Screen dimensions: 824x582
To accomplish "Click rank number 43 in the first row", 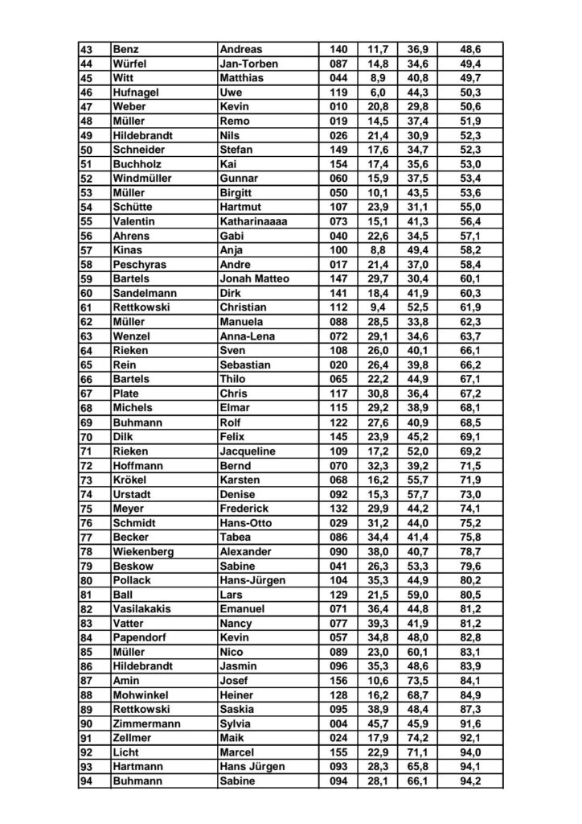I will (87, 50).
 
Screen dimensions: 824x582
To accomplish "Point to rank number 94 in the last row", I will (87, 781).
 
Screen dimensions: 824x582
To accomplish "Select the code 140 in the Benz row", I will (338, 50).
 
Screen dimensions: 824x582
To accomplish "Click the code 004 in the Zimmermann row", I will (338, 723).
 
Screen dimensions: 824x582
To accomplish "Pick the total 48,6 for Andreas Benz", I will (471, 50).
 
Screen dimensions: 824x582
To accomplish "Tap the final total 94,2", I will (471, 781).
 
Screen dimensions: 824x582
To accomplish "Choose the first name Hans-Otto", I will (245, 522).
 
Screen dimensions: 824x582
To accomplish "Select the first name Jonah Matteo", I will (254, 278).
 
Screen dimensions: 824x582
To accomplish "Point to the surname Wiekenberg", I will (145, 551).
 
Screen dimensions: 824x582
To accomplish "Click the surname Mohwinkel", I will (141, 694).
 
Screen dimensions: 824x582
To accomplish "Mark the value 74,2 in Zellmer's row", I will (417, 738).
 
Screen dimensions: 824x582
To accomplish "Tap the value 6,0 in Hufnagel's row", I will (378, 93).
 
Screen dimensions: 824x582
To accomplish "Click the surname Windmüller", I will (144, 178).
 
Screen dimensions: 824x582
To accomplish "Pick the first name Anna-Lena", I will (246, 336).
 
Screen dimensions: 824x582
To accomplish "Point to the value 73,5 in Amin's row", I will (417, 680).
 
